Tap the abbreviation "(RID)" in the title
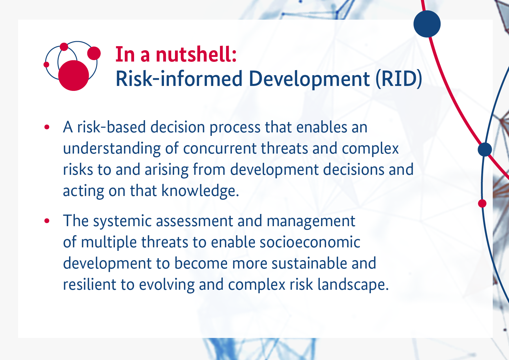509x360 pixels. (x=399, y=79)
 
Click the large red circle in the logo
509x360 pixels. (x=73, y=75)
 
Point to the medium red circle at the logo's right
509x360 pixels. (x=94, y=53)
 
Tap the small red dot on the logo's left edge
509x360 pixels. (x=46, y=64)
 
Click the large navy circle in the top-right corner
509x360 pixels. (x=427, y=24)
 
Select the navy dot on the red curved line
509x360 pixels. (x=485, y=150)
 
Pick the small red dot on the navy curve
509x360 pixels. (x=482, y=204)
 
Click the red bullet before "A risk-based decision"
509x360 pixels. (x=47, y=127)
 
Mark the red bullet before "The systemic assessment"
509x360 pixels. (x=47, y=221)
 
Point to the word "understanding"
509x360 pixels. (x=112, y=149)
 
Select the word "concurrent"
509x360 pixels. (x=220, y=149)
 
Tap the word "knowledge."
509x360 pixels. (x=200, y=191)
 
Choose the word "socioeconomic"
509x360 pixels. (x=310, y=242)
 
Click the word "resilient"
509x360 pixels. (x=90, y=285)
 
